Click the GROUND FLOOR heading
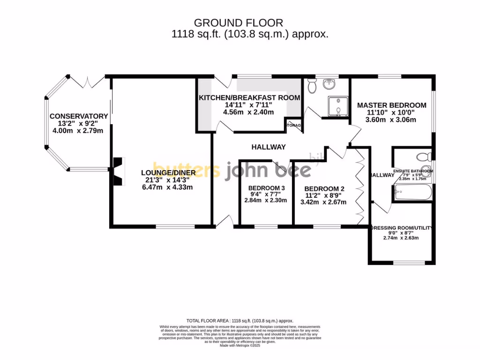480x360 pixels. (239, 22)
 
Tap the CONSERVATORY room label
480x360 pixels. (79, 116)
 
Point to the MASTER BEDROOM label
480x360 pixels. (391, 105)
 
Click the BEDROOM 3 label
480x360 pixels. (266, 188)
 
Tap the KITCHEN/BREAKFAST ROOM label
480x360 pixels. (249, 97)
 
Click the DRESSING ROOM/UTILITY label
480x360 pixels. (401, 228)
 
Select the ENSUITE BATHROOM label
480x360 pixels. (413, 171)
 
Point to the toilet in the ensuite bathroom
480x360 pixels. (425, 157)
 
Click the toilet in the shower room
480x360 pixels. (312, 86)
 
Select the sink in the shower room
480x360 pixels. (331, 84)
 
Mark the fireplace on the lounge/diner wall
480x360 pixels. (117, 172)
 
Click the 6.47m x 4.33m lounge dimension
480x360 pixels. (167, 187)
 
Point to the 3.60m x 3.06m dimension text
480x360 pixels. (390, 120)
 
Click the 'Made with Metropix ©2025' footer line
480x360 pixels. (240, 345)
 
